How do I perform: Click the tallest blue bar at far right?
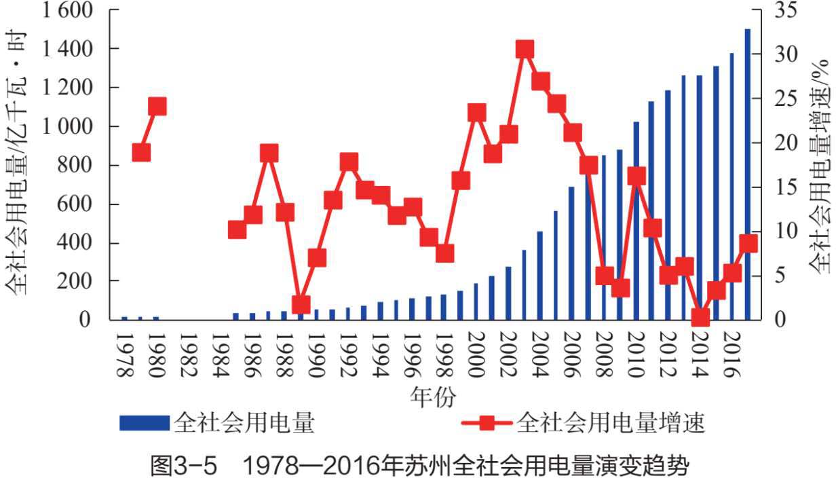click(747, 174)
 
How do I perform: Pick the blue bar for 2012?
click(668, 204)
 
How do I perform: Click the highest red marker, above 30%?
click(525, 50)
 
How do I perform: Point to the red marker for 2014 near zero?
click(700, 317)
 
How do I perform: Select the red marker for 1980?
click(157, 107)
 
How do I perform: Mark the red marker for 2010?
click(636, 177)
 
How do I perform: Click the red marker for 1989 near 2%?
click(301, 304)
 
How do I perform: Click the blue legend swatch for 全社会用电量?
click(143, 423)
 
